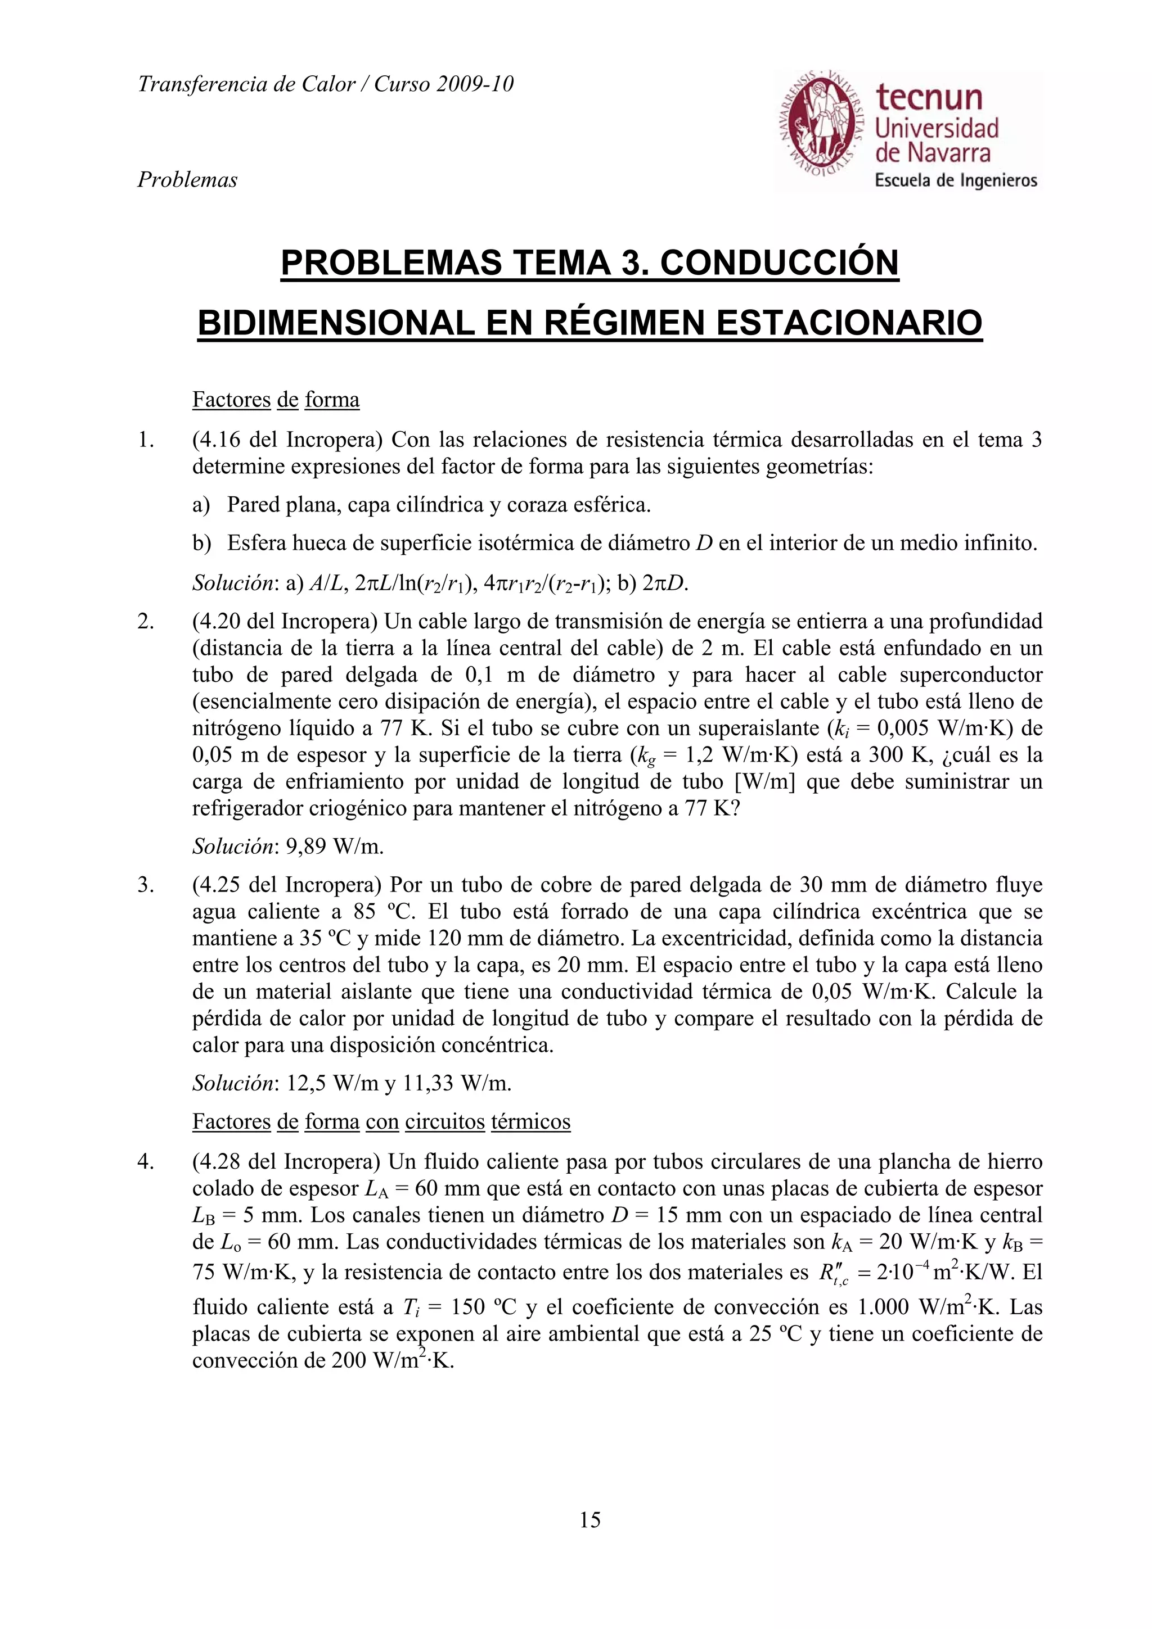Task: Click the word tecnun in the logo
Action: (x=929, y=97)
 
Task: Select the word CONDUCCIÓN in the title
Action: (x=778, y=263)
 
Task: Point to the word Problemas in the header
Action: (x=187, y=180)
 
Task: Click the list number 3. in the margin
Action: (x=146, y=885)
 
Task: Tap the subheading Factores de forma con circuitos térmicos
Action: (x=381, y=1122)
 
